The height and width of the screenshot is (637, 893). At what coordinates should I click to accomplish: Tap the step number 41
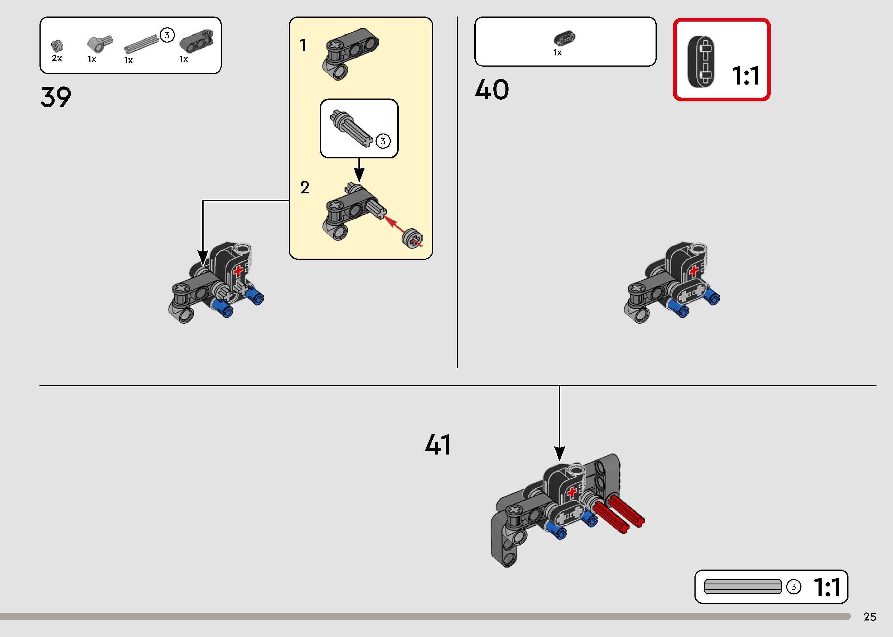tap(438, 445)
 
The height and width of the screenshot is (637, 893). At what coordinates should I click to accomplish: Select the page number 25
tap(869, 617)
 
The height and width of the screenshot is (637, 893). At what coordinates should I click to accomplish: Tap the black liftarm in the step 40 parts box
tap(565, 38)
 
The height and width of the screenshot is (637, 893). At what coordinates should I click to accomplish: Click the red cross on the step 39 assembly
tap(238, 271)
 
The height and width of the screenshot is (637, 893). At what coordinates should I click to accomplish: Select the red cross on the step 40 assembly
tap(694, 270)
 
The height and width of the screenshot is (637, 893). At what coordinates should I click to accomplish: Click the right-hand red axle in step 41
tap(626, 510)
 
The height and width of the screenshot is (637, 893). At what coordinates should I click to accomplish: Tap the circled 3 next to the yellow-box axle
tap(383, 141)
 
